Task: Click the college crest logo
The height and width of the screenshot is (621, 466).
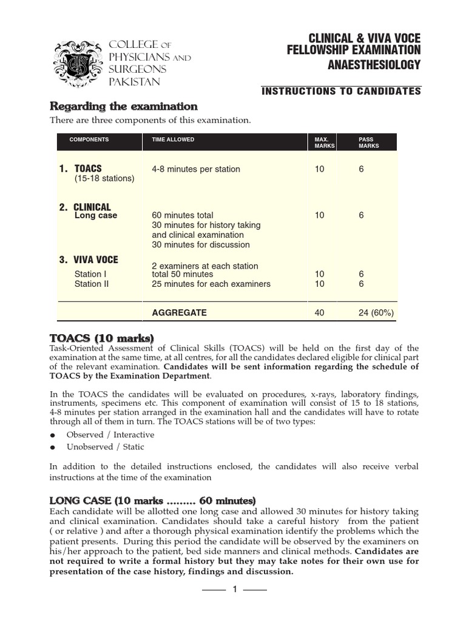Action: tap(77, 63)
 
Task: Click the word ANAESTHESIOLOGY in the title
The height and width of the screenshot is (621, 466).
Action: tap(374, 65)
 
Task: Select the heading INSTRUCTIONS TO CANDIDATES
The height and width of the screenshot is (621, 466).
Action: tap(341, 91)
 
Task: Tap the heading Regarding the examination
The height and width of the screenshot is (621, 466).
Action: tap(123, 107)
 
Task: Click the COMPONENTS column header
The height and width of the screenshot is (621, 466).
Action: tap(89, 139)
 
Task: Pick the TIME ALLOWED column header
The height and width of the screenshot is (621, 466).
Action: tap(173, 139)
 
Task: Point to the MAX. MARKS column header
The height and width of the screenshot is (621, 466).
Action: tap(322, 143)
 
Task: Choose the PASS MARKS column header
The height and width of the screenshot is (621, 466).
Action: tap(369, 143)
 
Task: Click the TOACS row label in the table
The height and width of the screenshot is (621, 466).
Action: tap(88, 169)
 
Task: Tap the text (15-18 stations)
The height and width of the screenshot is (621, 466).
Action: tap(104, 178)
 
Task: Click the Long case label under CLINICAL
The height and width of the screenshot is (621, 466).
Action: tap(96, 215)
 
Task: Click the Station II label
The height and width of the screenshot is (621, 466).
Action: tap(92, 284)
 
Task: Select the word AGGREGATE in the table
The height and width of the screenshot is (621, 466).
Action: tap(179, 313)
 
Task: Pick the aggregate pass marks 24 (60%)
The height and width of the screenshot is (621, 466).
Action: tap(376, 313)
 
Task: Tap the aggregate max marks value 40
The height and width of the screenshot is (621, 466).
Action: tap(320, 313)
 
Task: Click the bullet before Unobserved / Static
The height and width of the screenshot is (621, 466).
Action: tap(53, 448)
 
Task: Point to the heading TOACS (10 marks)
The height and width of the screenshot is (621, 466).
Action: tap(101, 338)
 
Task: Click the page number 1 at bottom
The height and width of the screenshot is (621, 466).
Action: tap(234, 589)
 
